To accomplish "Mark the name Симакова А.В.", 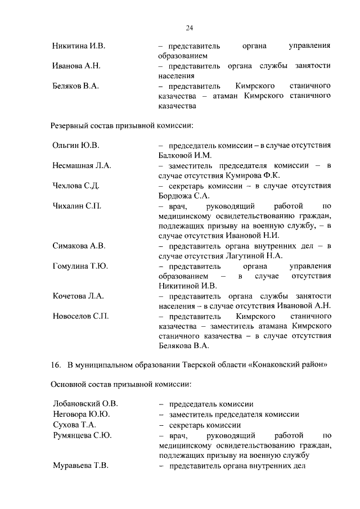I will click(79, 246).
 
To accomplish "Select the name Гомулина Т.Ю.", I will click(80, 266).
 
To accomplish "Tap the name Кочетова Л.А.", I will click(78, 296).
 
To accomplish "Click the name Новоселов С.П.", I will click(80, 316).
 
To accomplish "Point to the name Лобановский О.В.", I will click(85, 404).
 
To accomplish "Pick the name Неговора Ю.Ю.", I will click(81, 415).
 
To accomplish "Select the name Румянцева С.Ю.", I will click(82, 435).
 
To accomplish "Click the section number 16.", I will click(55, 364).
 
